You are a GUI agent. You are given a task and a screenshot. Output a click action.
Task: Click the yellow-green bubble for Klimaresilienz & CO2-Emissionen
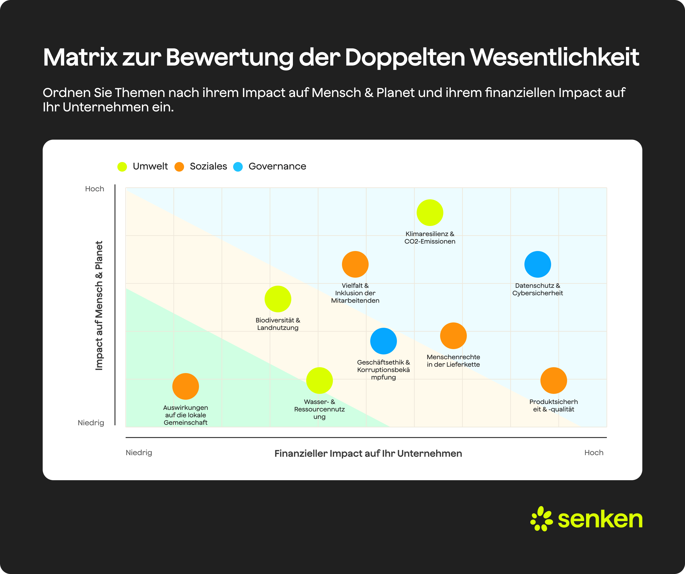click(430, 213)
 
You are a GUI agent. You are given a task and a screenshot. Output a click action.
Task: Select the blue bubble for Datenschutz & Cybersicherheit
click(537, 264)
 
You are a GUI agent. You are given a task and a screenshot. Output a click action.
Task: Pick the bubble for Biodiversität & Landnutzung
click(278, 299)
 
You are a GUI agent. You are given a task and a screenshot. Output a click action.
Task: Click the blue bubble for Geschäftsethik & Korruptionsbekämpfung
click(383, 341)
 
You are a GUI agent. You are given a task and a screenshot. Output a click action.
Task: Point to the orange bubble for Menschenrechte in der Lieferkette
click(453, 336)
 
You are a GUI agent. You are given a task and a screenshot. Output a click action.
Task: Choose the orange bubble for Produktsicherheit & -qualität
click(553, 380)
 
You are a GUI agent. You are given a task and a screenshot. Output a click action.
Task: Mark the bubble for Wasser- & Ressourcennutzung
click(319, 380)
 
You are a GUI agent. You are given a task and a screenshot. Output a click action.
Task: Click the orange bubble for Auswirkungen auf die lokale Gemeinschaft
click(186, 386)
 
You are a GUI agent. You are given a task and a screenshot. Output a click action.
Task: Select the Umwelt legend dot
click(122, 167)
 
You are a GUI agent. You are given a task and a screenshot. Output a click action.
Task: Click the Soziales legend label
click(208, 166)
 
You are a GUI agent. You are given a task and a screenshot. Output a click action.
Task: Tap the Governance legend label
click(277, 166)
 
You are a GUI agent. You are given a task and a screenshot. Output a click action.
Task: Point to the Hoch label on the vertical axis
click(95, 189)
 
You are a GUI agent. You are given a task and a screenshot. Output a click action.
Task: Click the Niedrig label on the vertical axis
click(91, 423)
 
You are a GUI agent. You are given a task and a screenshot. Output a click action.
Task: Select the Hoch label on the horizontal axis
click(594, 452)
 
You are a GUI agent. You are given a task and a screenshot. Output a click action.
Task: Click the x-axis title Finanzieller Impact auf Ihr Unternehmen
click(368, 453)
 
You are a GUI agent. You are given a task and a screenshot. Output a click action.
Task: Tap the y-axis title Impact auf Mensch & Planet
click(99, 306)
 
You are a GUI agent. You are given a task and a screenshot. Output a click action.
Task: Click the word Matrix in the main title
click(80, 57)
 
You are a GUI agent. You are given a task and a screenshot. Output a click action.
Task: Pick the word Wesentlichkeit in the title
click(554, 57)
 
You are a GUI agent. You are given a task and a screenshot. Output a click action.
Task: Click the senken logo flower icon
click(541, 519)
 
